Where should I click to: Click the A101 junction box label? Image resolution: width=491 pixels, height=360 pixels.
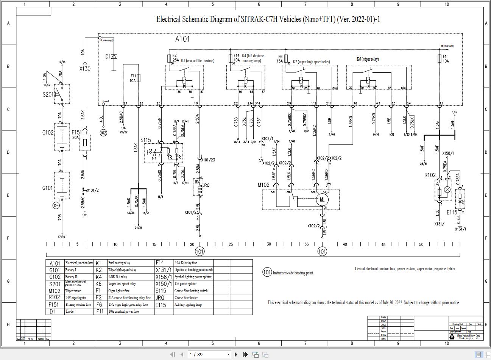[182, 39]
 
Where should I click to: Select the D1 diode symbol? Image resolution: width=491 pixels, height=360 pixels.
[114, 57]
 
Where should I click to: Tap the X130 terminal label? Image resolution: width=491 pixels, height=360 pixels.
[85, 69]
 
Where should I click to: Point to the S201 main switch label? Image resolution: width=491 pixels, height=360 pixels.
[48, 94]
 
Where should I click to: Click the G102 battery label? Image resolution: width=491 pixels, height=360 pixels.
[48, 133]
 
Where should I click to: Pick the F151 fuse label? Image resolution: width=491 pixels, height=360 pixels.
[76, 133]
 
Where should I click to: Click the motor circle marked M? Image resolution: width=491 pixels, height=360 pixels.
[322, 199]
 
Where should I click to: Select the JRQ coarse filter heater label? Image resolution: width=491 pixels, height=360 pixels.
[206, 185]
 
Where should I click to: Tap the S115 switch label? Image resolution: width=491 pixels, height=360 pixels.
[146, 140]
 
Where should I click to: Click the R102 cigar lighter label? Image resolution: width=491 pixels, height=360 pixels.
[430, 175]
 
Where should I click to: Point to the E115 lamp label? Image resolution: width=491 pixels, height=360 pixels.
[452, 212]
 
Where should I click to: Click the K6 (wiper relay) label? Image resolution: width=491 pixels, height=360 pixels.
[368, 59]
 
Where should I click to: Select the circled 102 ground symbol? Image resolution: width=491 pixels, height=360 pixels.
[103, 133]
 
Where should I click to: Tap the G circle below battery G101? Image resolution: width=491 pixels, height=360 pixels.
[56, 205]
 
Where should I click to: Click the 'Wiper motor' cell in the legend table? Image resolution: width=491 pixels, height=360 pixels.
[73, 291]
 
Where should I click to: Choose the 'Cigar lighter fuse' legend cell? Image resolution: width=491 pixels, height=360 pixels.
[119, 291]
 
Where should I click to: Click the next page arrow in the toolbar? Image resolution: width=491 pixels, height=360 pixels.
[236, 354]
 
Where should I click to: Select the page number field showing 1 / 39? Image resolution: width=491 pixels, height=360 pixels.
[209, 354]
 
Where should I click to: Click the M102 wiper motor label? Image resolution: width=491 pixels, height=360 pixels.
[264, 185]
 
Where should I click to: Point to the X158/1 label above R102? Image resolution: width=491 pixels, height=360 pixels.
[448, 153]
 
